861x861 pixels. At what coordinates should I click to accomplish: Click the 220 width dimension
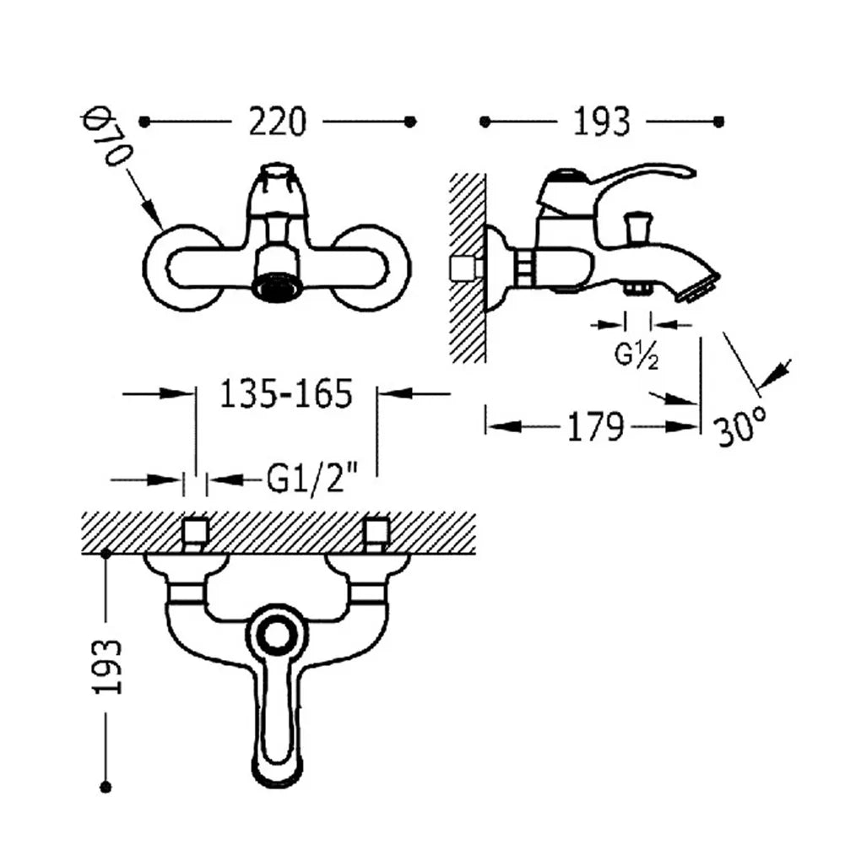pyautogui.click(x=278, y=122)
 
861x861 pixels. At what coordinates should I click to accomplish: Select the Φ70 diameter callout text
pyautogui.click(x=107, y=138)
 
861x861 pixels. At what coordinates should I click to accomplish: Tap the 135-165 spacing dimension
pyautogui.click(x=285, y=393)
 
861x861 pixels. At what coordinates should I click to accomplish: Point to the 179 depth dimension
pyautogui.click(x=595, y=426)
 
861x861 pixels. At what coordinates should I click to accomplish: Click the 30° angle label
pyautogui.click(x=741, y=426)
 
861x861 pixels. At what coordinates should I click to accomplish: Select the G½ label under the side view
pyautogui.click(x=636, y=356)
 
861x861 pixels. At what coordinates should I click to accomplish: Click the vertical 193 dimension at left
pyautogui.click(x=106, y=666)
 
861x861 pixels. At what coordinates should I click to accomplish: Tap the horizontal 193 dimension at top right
pyautogui.click(x=601, y=122)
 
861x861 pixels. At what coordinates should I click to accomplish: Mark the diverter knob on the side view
pyautogui.click(x=637, y=226)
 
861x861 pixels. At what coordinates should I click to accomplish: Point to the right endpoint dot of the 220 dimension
pyautogui.click(x=410, y=122)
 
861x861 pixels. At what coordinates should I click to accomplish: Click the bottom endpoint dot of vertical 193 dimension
pyautogui.click(x=106, y=787)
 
